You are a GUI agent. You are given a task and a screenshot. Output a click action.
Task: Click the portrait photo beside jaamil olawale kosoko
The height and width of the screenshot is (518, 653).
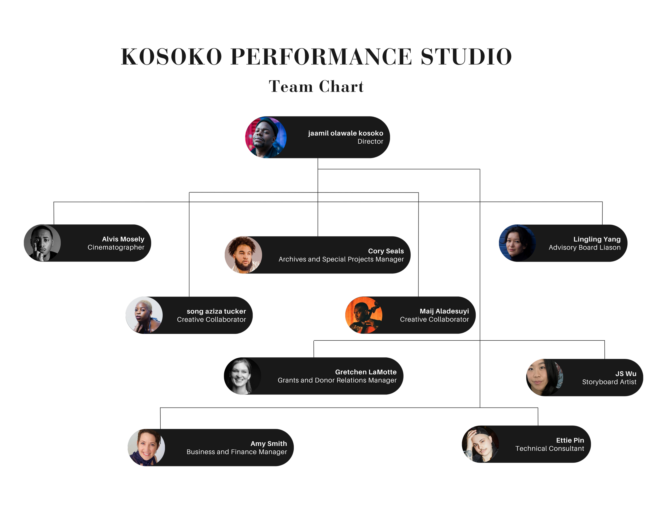(x=266, y=137)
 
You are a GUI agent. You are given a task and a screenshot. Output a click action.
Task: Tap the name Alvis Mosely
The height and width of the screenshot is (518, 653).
(x=123, y=239)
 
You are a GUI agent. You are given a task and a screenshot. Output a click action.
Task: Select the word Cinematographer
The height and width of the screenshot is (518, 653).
(x=116, y=247)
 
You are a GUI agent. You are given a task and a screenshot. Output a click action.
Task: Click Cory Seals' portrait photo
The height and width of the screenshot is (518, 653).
(x=243, y=255)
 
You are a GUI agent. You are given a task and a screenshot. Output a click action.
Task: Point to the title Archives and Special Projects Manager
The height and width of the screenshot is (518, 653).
(x=341, y=259)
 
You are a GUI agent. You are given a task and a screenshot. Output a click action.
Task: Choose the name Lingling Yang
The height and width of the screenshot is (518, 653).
(x=597, y=239)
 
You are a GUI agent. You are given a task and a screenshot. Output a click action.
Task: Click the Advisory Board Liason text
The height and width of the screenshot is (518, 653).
(x=584, y=247)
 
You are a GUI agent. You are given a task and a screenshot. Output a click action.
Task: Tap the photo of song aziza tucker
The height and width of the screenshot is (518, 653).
(x=144, y=315)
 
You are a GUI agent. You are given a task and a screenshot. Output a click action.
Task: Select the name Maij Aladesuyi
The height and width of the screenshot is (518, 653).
(x=444, y=311)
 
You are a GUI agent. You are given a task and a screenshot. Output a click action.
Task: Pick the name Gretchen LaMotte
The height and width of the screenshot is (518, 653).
(x=366, y=372)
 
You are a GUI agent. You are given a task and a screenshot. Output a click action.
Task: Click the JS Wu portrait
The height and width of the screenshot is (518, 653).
(x=545, y=377)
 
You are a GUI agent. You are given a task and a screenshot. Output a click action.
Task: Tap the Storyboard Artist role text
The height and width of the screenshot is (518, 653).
(x=609, y=382)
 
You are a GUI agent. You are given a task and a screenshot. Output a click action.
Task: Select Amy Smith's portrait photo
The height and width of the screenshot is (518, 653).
(x=146, y=447)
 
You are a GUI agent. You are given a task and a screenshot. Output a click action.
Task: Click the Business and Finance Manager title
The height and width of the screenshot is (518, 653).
(x=237, y=452)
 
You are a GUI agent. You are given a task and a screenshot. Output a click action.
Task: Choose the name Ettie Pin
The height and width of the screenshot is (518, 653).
(x=570, y=440)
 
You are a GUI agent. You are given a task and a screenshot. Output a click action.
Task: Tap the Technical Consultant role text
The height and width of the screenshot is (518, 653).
(x=549, y=448)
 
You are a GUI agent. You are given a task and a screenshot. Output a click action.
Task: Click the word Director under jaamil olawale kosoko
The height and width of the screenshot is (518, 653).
(x=370, y=142)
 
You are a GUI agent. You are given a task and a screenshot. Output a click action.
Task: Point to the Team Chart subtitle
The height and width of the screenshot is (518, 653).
(x=316, y=87)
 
